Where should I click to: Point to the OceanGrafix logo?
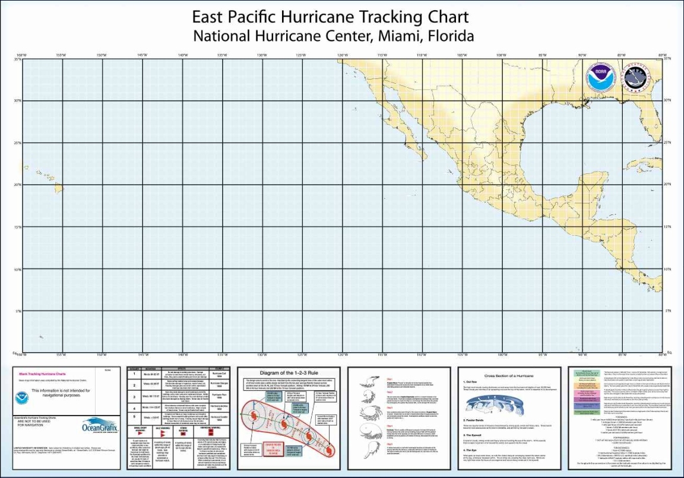(100, 427)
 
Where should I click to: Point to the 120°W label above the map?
(342, 55)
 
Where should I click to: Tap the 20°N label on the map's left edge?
(18, 185)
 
